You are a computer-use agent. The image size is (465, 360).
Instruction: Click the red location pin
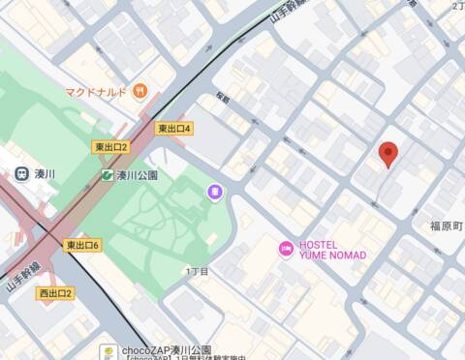tap(389, 153)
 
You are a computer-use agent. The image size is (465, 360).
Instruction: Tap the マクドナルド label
tap(97, 92)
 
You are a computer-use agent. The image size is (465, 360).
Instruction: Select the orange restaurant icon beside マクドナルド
tap(140, 92)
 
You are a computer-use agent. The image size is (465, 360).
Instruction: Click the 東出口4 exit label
tap(174, 129)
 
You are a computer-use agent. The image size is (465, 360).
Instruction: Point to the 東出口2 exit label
tap(110, 147)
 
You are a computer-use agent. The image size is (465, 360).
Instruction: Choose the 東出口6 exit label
tap(83, 246)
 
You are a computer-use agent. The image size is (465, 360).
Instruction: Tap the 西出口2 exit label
tap(55, 293)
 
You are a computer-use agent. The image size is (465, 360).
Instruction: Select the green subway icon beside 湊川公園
tap(107, 175)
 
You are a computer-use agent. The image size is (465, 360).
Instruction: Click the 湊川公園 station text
tap(138, 175)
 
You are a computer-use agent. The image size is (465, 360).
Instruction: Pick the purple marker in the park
tap(214, 194)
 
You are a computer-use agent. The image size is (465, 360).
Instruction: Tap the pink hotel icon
tap(285, 249)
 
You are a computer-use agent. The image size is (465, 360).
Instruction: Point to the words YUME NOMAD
tap(332, 255)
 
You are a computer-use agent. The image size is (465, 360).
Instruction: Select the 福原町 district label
tap(447, 225)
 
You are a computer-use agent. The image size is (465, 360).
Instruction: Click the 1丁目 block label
tap(197, 272)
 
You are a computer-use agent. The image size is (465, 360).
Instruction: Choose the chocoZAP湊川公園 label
tap(167, 348)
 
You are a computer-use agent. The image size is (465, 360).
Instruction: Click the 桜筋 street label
tap(223, 99)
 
